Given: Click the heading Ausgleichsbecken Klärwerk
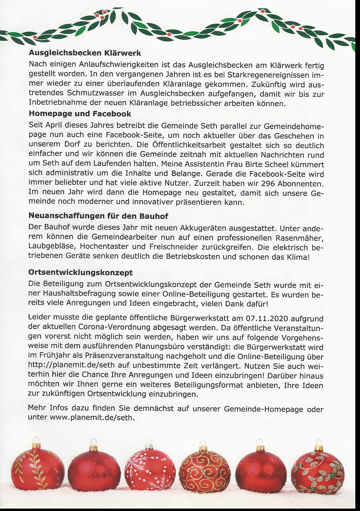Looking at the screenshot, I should [x=85, y=53].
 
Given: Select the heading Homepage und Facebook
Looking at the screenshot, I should [x=80, y=114].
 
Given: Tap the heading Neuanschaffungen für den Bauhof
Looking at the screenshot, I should [x=98, y=216].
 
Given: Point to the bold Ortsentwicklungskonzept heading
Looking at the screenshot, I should [x=80, y=273].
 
